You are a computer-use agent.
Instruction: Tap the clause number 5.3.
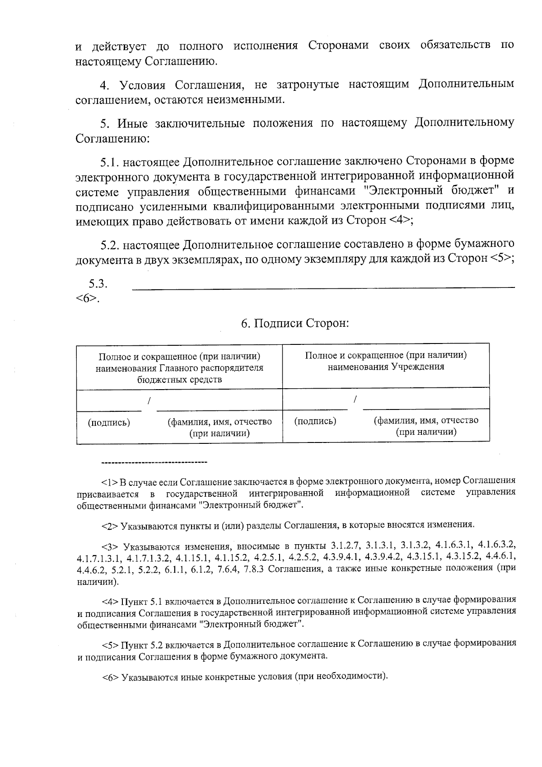coord(98,284)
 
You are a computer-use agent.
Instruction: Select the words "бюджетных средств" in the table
coord(179,379)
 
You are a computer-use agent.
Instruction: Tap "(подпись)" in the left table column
coord(109,422)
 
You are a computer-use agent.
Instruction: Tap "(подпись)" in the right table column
coord(315,421)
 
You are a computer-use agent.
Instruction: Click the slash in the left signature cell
coord(149,400)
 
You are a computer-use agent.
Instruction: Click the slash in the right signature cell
coord(355,399)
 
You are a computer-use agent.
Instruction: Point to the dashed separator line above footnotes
coord(154,462)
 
